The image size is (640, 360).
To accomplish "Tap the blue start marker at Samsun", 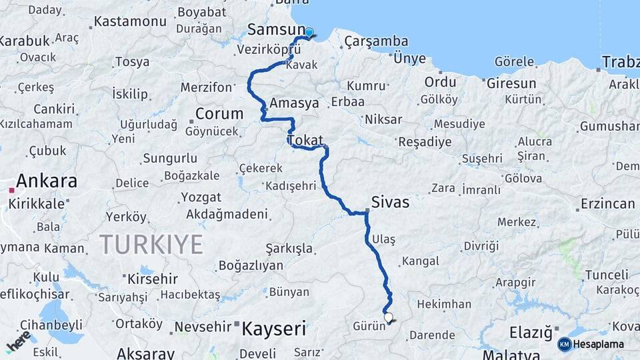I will point(309,32).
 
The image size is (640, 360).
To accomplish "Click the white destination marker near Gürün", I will point(389,317).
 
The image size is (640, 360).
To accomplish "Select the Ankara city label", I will point(47,181).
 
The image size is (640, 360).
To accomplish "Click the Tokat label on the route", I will point(305,141).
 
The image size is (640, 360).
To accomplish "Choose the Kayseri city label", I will point(273,329).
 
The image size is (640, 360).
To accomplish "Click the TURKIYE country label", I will point(151,245).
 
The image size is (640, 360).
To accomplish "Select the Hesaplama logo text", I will point(598,345).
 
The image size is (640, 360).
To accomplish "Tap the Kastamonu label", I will point(130,21).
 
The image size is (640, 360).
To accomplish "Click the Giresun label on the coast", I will point(511,83).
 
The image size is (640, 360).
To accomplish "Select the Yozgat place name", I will point(201,197).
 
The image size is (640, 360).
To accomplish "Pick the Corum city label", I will point(219,113).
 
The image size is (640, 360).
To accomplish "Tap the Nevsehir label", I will point(201,329).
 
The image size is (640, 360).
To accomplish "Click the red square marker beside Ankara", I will point(11,190).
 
